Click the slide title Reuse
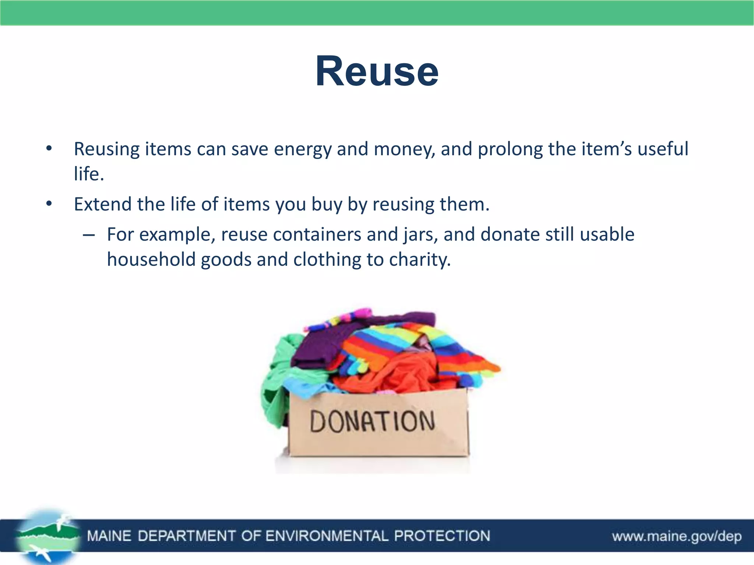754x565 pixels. point(377,71)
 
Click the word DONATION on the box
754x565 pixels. point(372,422)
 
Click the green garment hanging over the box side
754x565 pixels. point(274,390)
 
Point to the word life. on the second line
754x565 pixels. point(89,174)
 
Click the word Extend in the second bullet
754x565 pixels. point(103,204)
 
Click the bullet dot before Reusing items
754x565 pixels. point(49,149)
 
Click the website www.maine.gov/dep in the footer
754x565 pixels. point(677,536)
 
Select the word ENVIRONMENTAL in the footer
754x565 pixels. point(327,536)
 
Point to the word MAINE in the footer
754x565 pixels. point(109,536)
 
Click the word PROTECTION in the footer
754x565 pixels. point(442,536)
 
